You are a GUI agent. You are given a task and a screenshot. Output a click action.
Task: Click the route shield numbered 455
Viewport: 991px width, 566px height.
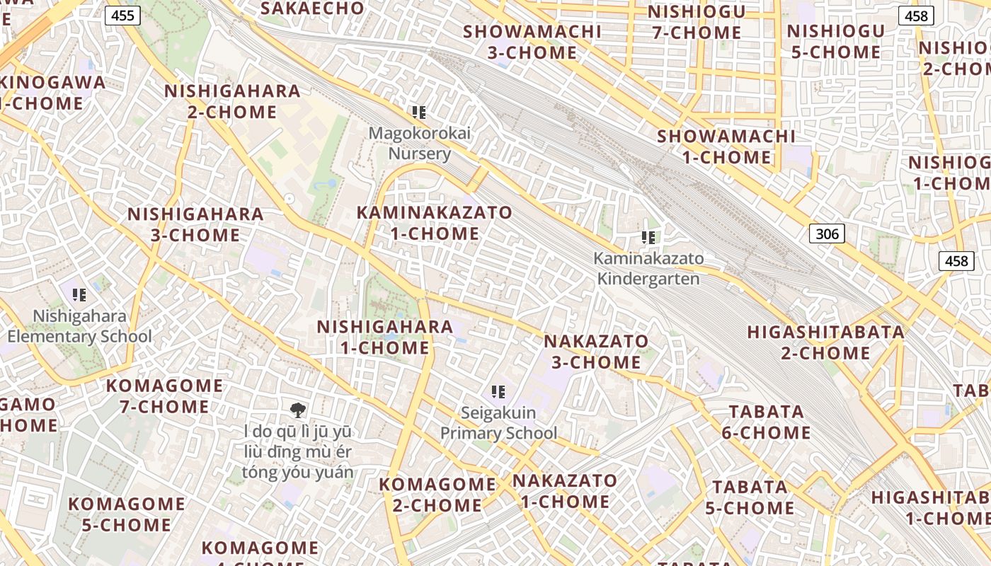[123, 15]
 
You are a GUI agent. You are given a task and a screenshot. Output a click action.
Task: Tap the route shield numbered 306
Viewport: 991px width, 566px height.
[827, 233]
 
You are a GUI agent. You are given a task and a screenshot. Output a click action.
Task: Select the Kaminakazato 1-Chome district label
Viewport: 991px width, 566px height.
[435, 223]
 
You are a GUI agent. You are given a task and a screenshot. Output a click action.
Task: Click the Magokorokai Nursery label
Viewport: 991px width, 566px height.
[420, 144]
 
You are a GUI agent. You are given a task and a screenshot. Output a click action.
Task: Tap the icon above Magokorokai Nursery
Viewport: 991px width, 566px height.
[419, 112]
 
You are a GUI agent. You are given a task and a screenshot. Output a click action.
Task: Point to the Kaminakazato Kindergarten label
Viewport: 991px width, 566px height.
[648, 268]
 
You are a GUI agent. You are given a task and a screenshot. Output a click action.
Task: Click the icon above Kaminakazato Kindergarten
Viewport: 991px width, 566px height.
[648, 238]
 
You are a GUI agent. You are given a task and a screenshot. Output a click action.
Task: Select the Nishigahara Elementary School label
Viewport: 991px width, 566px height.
[79, 326]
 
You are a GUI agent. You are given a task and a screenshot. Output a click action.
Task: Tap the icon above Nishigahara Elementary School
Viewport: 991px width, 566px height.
[79, 294]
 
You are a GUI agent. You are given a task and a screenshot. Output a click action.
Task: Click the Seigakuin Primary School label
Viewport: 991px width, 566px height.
[499, 422]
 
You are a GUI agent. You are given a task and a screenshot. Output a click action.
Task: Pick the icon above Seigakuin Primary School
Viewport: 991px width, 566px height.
[498, 391]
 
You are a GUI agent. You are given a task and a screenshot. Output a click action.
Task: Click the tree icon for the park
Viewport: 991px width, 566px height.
[297, 409]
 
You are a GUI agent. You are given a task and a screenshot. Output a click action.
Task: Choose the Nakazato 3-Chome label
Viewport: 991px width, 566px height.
[596, 352]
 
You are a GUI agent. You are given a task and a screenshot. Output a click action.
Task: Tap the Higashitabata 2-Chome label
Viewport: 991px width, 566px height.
[826, 342]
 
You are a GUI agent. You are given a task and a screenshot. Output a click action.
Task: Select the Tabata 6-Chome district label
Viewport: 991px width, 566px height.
[767, 422]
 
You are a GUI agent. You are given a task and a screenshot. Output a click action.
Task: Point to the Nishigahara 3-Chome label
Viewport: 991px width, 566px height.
[195, 224]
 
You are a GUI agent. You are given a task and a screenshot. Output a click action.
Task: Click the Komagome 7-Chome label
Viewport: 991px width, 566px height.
[164, 396]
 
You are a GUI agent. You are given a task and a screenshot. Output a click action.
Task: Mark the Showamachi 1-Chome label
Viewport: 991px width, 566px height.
[726, 146]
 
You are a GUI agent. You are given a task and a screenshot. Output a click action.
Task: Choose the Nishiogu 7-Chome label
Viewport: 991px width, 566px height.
[697, 22]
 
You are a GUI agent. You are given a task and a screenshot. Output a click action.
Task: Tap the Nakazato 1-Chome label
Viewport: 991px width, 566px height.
[565, 491]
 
